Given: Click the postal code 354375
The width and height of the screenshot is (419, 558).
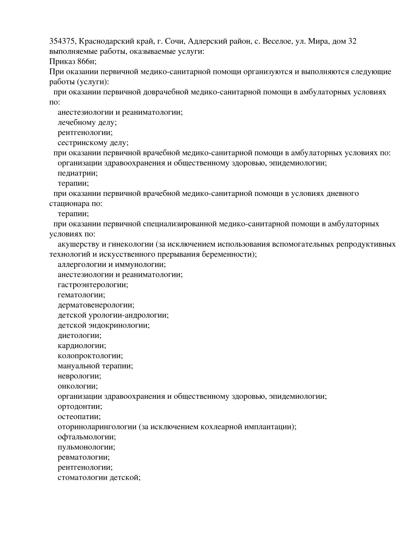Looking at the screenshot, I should (x=62, y=42).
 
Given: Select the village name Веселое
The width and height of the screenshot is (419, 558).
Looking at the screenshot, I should (x=277, y=42).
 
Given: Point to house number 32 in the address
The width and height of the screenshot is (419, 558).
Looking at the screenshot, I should (x=352, y=42).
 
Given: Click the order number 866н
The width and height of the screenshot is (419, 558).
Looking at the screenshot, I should (x=85, y=62).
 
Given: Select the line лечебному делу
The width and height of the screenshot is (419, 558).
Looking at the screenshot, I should (x=87, y=123).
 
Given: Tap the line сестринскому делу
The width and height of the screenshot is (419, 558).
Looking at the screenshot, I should (x=93, y=143).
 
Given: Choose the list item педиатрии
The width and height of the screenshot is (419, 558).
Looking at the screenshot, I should (x=77, y=173).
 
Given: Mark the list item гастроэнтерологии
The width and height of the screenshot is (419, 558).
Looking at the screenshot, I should (x=93, y=285).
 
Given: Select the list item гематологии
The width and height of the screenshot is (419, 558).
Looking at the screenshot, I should (x=81, y=295).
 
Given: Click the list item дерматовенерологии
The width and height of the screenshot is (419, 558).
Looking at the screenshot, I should (x=96, y=305).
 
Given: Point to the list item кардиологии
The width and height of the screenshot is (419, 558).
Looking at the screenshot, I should (x=82, y=346).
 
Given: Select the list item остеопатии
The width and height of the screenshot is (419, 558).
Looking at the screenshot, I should (x=79, y=417).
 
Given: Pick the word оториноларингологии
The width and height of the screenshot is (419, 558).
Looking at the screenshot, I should (x=97, y=427).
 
